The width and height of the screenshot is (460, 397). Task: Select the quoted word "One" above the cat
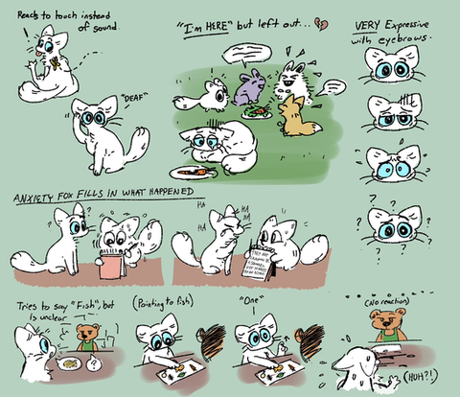[x=250, y=300]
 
